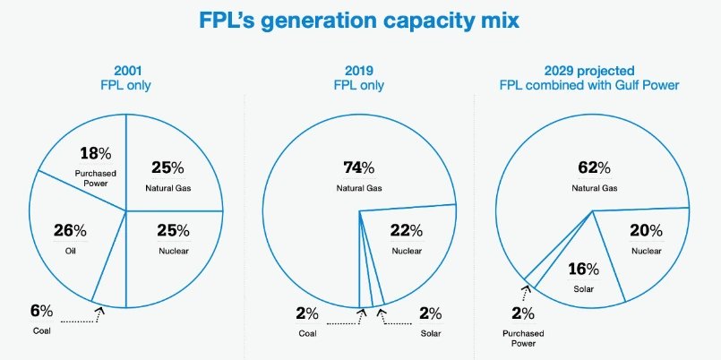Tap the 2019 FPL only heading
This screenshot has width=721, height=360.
coord(357,79)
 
